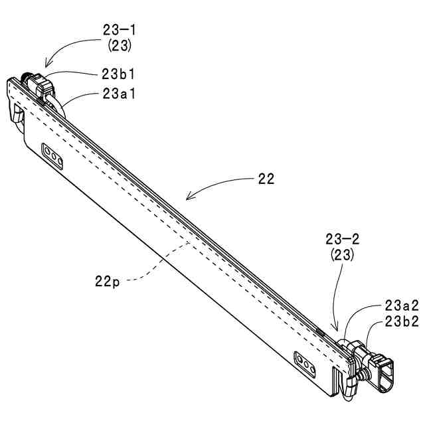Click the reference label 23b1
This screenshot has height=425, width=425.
pyautogui.click(x=120, y=74)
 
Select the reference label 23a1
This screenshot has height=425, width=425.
pyautogui.click(x=120, y=94)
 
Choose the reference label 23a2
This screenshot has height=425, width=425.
pyautogui.click(x=401, y=306)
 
